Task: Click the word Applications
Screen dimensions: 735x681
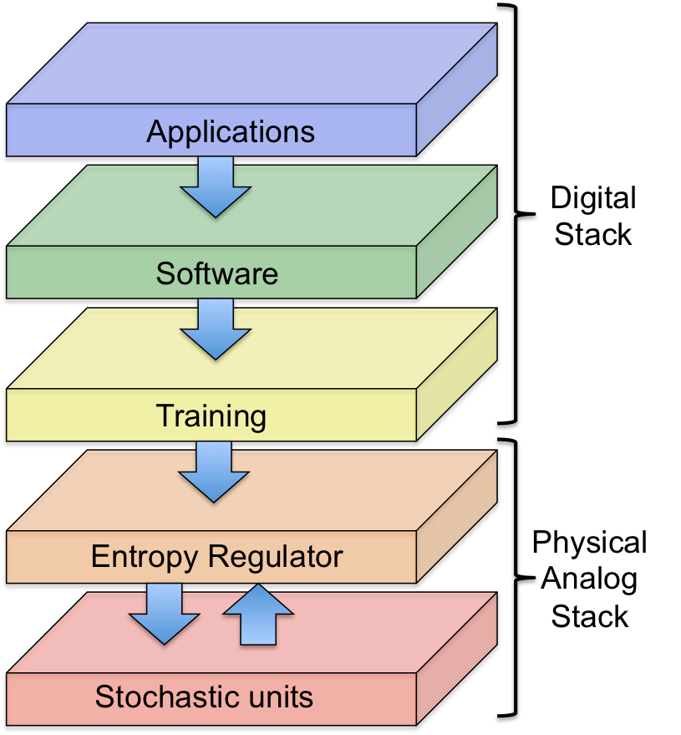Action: [231, 132]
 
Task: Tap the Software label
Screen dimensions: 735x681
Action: [216, 273]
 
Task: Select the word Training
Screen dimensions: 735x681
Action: [211, 416]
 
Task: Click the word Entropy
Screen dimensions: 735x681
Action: [145, 557]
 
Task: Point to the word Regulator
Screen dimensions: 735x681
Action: [276, 557]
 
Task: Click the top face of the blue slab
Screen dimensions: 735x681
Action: [251, 63]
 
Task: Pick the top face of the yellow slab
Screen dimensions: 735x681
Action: [351, 347]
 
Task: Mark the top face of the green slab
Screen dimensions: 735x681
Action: [351, 205]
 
